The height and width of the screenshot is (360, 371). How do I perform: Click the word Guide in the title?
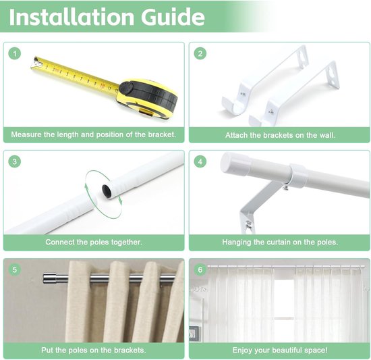click(173, 17)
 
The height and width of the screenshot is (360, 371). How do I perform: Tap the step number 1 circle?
click(15, 53)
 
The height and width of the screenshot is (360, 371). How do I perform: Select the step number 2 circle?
click(200, 53)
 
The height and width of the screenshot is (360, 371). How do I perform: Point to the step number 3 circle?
click(15, 161)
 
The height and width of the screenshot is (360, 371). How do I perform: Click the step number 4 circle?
click(200, 161)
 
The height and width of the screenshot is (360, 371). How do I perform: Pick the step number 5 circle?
click(15, 269)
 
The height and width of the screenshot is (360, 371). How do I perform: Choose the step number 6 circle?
click(200, 269)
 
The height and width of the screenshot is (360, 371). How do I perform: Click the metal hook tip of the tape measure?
click(36, 63)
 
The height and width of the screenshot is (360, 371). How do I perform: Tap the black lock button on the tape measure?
click(125, 88)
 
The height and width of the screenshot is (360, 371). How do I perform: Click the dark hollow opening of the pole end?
click(106, 190)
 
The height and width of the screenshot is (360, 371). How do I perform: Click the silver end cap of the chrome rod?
click(50, 278)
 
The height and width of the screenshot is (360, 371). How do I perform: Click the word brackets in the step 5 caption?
click(130, 350)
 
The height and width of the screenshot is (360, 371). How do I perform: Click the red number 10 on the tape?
click(103, 85)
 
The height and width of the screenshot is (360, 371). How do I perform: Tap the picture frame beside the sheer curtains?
click(194, 334)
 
